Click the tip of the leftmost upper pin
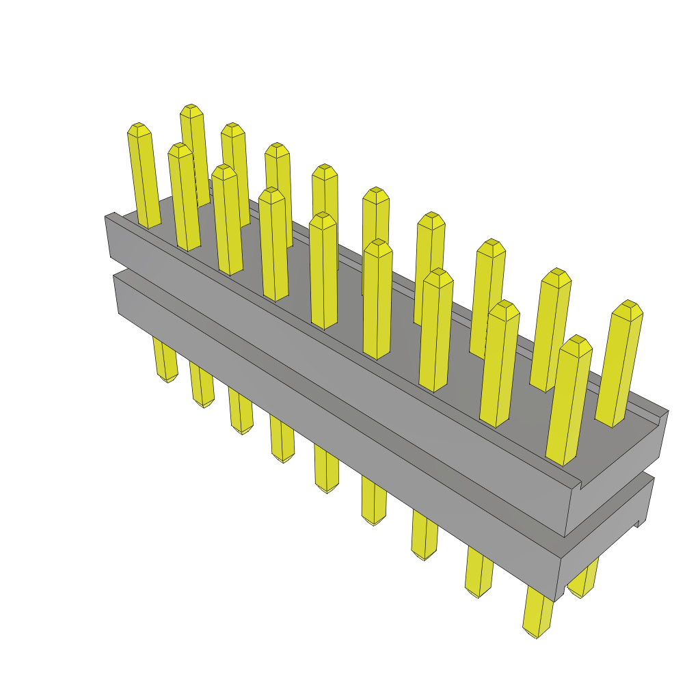pyautogui.click(x=139, y=128)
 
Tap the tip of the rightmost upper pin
pyautogui.click(x=628, y=306)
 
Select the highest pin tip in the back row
pyautogui.click(x=191, y=109)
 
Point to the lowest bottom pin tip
pyautogui.click(x=536, y=632)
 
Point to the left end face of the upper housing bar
pyautogui.click(x=109, y=239)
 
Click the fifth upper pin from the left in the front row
pyautogui.click(x=323, y=271)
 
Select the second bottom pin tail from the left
pyautogui.click(x=202, y=386)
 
